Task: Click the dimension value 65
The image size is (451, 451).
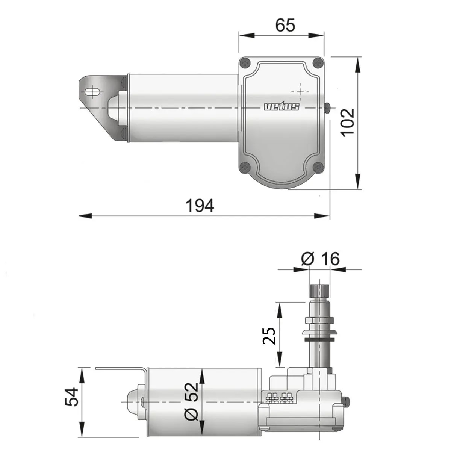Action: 285,25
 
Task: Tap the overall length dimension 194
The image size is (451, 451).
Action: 200,206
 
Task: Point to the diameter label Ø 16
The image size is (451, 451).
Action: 320,259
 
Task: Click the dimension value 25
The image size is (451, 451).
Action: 269,336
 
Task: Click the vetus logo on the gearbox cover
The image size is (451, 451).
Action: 281,107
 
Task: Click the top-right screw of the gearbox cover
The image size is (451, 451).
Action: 318,62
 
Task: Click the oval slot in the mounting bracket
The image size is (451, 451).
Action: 92,92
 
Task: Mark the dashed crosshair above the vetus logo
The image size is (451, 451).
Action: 300,91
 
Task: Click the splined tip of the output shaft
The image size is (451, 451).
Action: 319,290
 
